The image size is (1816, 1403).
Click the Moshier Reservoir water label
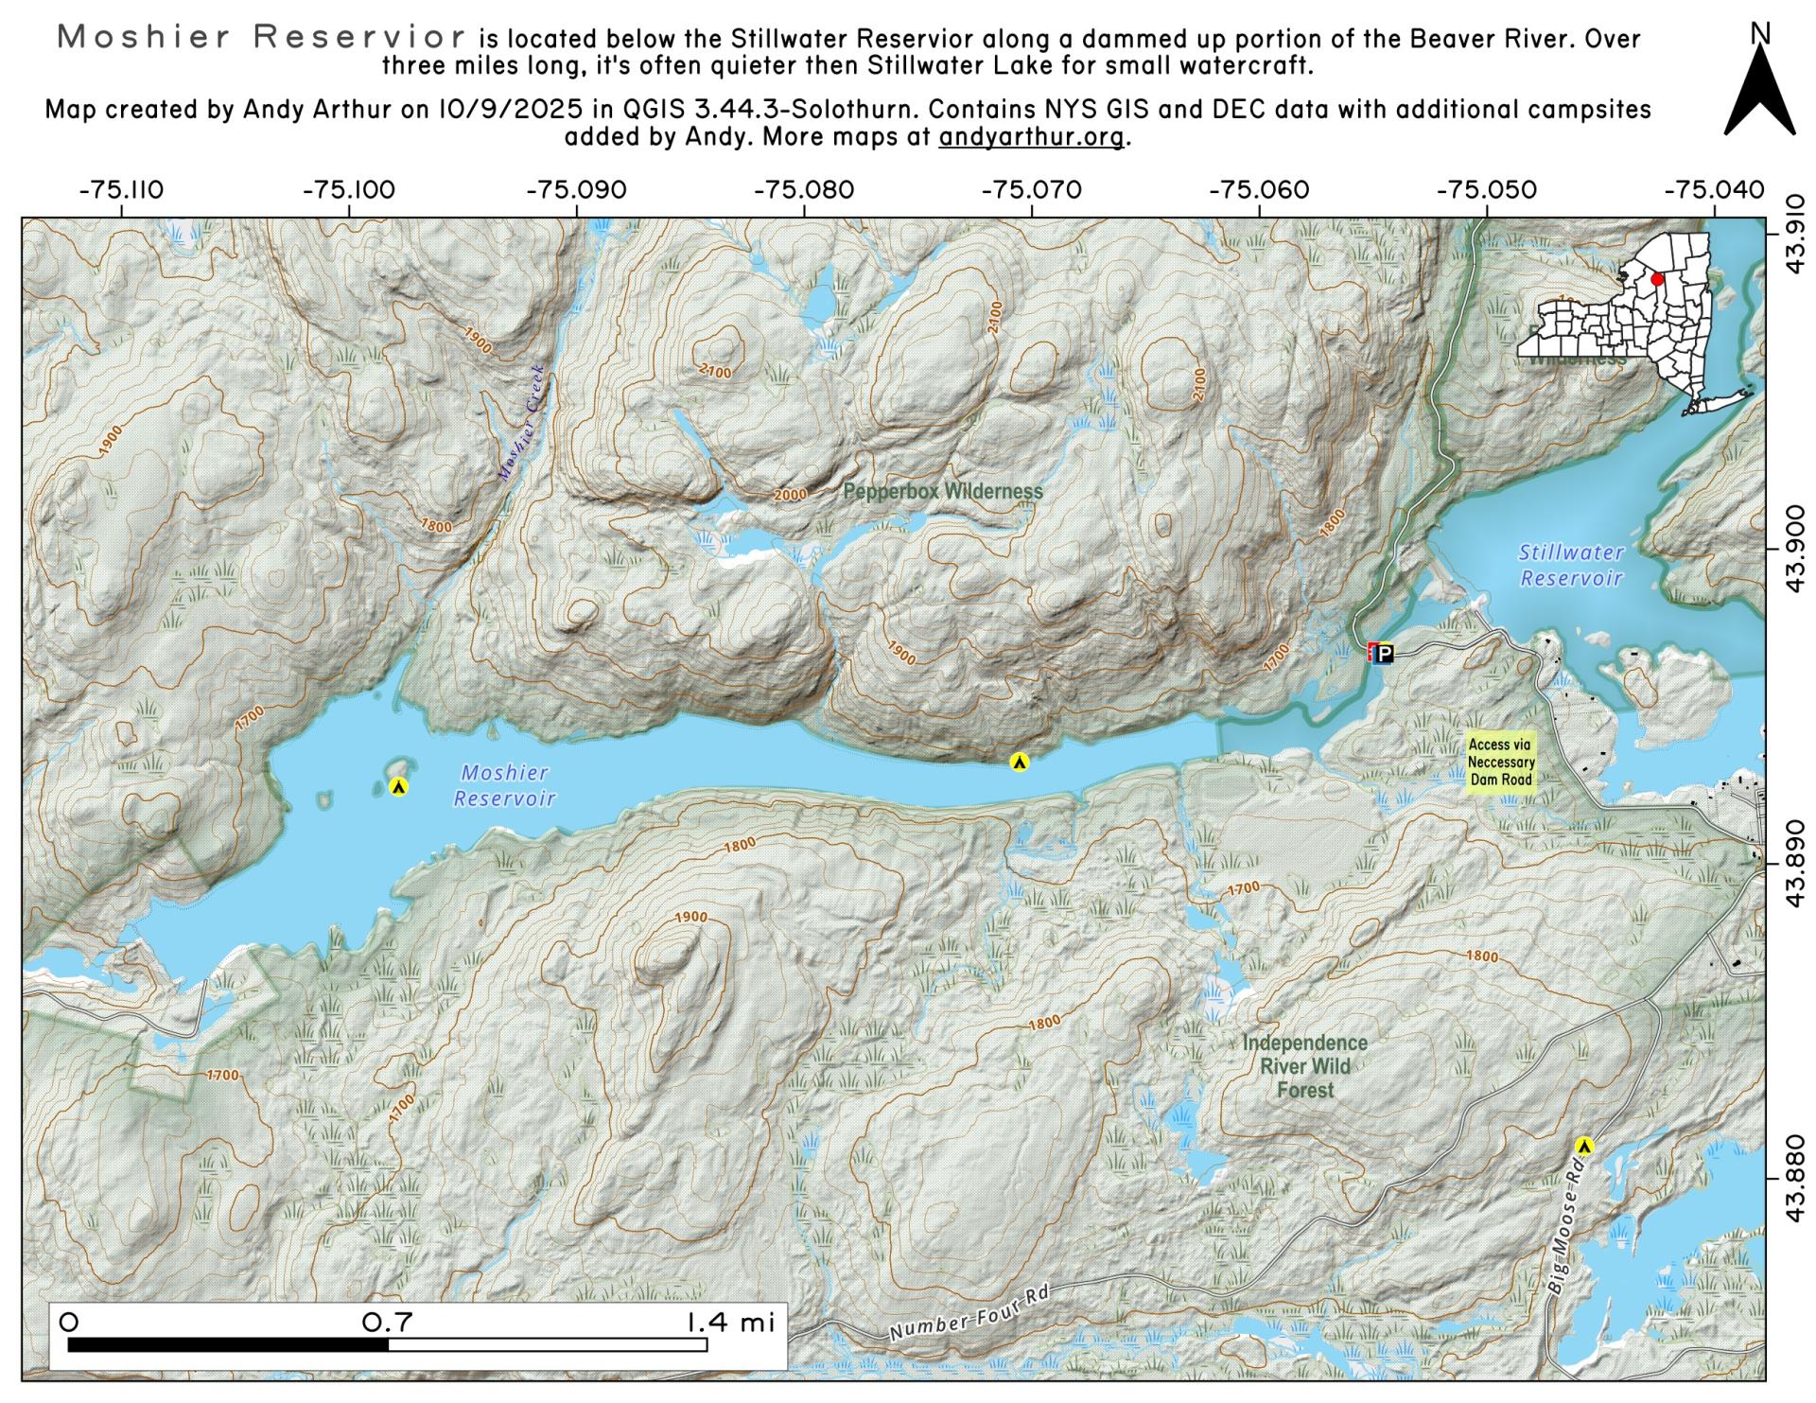point(504,786)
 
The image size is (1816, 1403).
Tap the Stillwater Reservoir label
point(1571,565)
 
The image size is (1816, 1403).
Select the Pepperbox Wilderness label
point(942,492)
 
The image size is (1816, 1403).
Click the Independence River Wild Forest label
point(1304,1066)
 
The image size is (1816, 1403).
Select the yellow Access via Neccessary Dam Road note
point(1501,763)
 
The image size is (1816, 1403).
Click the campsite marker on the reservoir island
point(398,786)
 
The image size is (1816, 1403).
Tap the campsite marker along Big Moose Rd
point(1585,1146)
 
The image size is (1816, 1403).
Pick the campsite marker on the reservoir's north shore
point(1019,762)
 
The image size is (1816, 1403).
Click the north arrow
point(1759,90)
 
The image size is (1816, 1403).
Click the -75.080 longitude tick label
point(804,190)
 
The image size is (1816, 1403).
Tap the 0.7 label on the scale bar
point(388,1322)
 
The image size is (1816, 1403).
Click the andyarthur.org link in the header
point(1031,136)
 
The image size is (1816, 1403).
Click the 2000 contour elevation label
point(790,495)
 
